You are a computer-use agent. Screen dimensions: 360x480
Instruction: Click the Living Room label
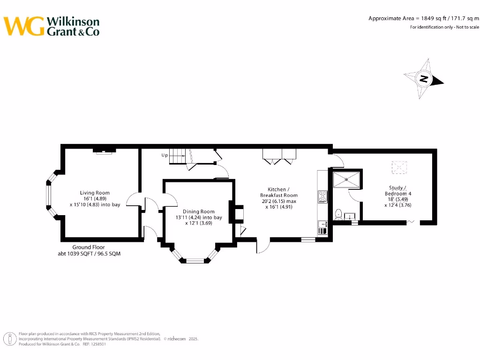tap(95, 193)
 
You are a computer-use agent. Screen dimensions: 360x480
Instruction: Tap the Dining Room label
tap(199, 211)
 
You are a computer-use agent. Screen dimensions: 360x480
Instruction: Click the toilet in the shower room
tap(338, 214)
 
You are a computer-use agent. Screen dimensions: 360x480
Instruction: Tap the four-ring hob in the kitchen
tap(322, 196)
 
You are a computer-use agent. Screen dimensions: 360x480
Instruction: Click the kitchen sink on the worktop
tap(322, 228)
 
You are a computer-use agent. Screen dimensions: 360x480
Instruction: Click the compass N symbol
tap(424, 79)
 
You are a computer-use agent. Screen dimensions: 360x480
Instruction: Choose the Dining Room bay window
tap(195, 259)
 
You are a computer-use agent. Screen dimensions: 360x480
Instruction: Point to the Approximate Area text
tap(423, 18)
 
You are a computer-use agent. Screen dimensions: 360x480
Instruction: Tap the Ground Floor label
tap(89, 247)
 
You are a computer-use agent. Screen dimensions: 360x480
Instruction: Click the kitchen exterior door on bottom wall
tap(263, 245)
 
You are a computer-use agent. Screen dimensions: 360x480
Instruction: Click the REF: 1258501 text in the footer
tap(94, 344)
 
